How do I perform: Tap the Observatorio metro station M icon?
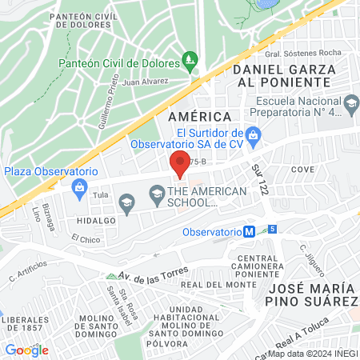(250, 232)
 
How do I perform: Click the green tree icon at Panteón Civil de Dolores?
(190, 58)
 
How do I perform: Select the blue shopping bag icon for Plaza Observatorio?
(79, 187)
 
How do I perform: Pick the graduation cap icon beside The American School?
(157, 192)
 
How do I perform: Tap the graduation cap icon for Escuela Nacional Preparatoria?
(350, 102)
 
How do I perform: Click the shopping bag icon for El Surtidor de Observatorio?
(254, 134)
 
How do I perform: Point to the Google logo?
(26, 350)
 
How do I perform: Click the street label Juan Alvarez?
(145, 81)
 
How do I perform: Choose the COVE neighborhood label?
(302, 170)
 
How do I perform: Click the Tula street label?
(99, 194)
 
